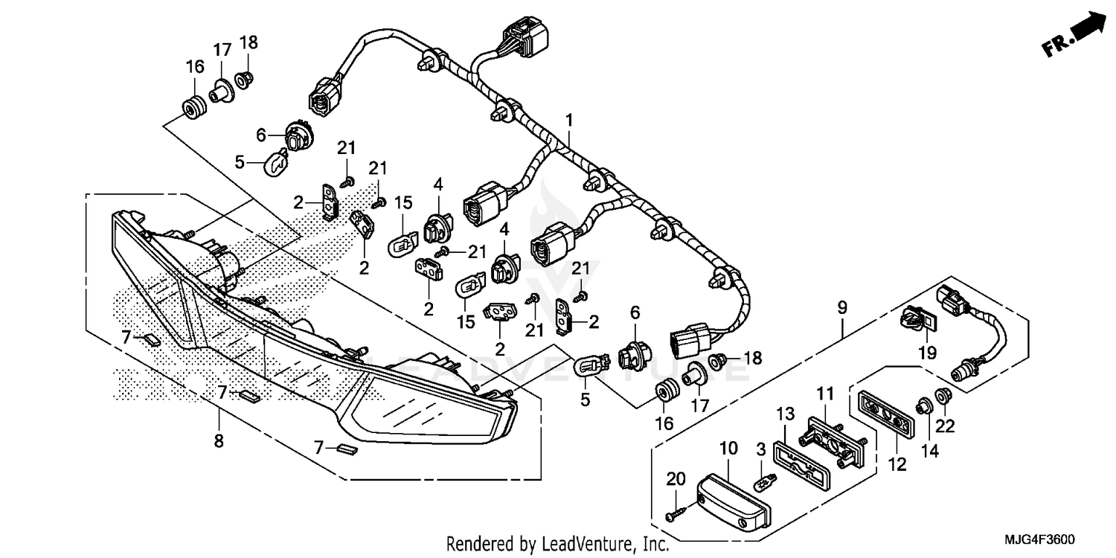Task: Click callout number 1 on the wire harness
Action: (569, 120)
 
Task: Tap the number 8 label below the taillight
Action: (219, 440)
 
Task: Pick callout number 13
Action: (786, 414)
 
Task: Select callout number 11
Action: (827, 393)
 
